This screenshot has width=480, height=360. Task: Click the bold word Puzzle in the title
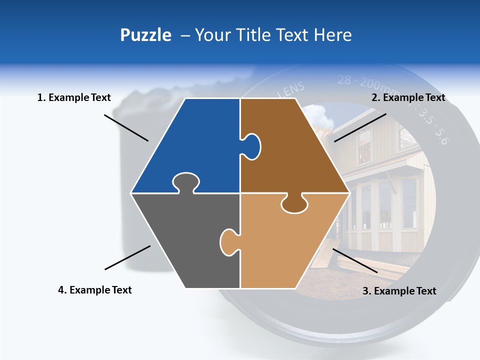pos(145,35)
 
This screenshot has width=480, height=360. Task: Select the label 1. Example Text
pos(74,97)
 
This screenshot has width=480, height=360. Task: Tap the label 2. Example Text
pos(408,97)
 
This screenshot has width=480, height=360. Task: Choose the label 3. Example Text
pos(399,291)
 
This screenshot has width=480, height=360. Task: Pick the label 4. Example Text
pos(94,290)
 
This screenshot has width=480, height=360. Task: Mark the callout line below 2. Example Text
pos(360,127)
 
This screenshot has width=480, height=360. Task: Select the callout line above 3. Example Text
pos(355,260)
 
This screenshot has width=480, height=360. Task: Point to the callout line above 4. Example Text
pos(127,257)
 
